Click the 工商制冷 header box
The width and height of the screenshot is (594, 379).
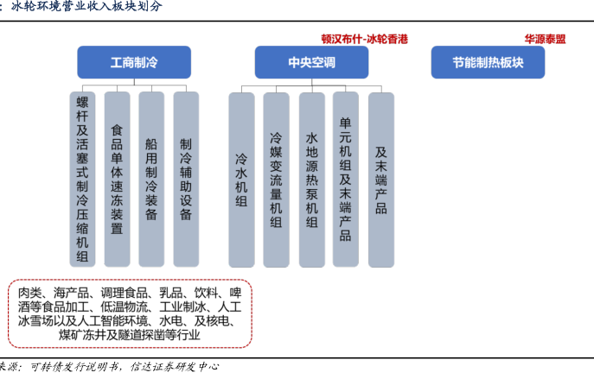click(x=134, y=63)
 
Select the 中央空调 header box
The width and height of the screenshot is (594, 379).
click(x=311, y=63)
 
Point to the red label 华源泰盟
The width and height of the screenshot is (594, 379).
click(x=545, y=40)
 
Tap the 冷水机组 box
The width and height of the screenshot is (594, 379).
click(x=241, y=180)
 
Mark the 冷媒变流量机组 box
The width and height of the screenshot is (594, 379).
click(x=276, y=180)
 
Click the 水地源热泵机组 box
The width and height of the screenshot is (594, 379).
click(x=311, y=180)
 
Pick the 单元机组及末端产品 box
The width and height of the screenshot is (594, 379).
click(x=346, y=180)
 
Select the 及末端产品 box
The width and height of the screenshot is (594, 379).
click(x=380, y=180)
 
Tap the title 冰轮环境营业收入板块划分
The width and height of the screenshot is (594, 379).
click(x=86, y=6)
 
